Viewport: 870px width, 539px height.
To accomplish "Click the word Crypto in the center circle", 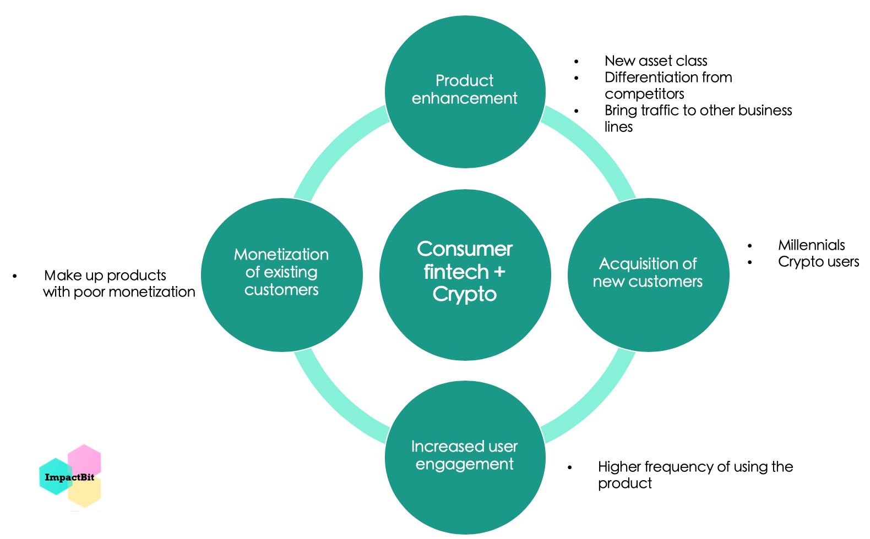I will (465, 295).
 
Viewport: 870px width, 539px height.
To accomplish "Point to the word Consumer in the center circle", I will (465, 249).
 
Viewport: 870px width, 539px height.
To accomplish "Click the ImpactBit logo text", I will (69, 477).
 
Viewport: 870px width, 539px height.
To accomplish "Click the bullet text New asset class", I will (655, 61).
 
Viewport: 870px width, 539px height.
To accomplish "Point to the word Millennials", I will (811, 245).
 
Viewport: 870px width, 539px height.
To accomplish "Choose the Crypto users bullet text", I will (818, 262).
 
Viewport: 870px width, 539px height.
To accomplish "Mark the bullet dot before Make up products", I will (15, 276).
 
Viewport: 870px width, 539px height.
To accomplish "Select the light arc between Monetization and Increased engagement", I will (333, 402).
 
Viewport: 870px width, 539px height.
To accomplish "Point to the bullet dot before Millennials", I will (749, 246).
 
